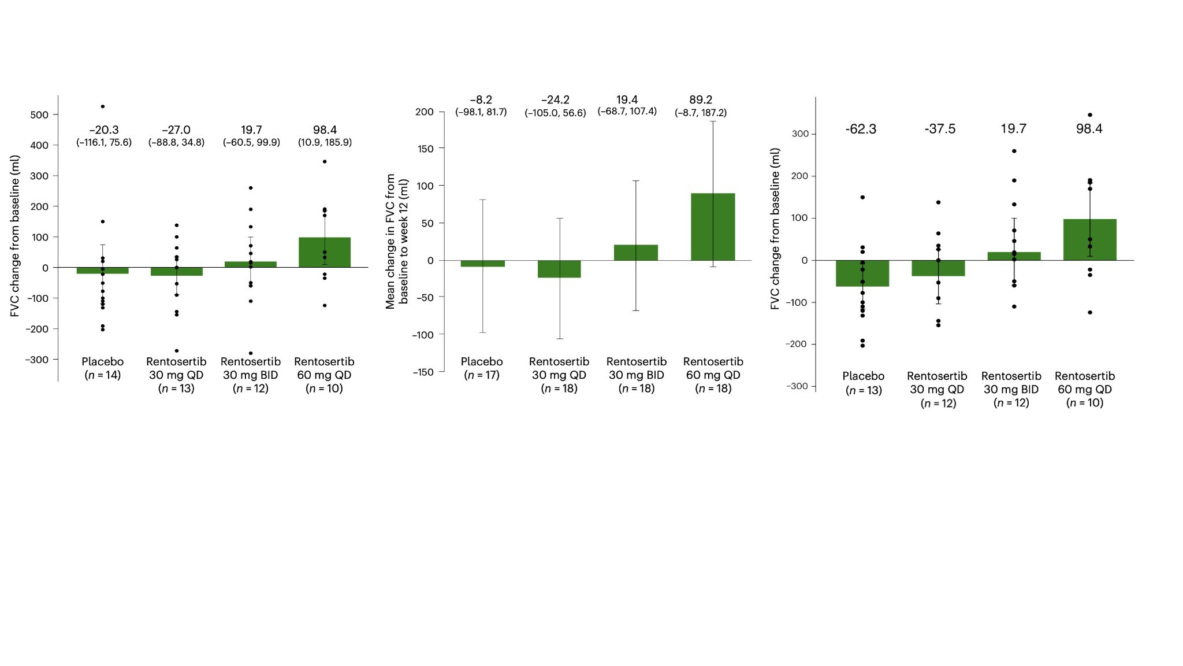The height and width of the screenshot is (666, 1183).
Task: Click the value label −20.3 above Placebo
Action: [104, 130]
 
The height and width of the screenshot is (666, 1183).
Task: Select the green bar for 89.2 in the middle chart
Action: [713, 227]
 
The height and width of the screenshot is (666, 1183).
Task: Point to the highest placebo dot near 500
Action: [103, 106]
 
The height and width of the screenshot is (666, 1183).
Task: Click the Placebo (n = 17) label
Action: [482, 368]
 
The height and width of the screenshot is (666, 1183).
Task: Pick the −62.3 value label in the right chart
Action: [861, 129]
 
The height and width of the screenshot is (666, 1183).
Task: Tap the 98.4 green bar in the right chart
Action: [1089, 239]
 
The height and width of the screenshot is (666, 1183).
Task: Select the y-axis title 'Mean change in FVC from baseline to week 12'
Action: [397, 241]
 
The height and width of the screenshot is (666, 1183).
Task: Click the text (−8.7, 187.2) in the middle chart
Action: [701, 113]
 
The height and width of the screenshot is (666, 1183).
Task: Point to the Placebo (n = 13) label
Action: [864, 383]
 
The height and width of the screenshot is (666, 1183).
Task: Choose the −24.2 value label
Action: [555, 100]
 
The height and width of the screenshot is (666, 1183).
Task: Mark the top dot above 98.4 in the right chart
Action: [1090, 115]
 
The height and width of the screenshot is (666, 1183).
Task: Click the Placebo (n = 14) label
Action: [103, 368]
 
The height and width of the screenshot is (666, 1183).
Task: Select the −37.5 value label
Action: [940, 129]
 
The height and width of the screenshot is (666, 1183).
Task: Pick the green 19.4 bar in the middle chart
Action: [636, 253]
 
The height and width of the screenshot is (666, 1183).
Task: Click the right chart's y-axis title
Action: [775, 228]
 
